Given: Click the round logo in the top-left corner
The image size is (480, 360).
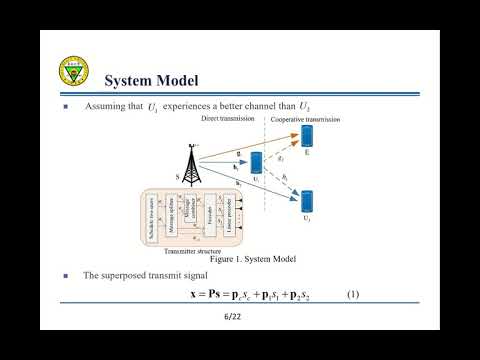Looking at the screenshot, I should (x=74, y=74).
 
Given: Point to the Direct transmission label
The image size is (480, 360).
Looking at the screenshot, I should (x=229, y=119).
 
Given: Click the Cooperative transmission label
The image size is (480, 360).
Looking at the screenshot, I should (x=306, y=119).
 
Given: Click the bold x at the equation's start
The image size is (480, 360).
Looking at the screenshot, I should (x=192, y=296).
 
